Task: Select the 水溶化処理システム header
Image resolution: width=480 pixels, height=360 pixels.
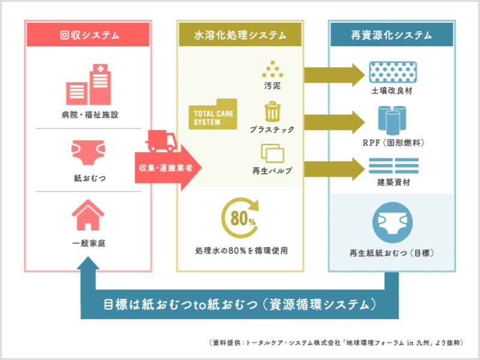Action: coord(239,34)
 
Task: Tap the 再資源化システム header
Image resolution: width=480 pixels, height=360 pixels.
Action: coord(391,34)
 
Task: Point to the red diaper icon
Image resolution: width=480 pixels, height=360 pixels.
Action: coord(88,153)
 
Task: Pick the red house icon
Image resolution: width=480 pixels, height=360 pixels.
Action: coord(88,215)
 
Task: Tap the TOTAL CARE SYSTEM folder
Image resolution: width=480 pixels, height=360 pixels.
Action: coord(212,114)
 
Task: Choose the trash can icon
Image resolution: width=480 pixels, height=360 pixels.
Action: coord(272,112)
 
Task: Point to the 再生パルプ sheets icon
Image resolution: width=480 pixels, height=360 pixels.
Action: coord(272,154)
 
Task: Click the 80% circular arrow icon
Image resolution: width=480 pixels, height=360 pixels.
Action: coord(239,218)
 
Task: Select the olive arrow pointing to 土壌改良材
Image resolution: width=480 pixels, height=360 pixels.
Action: coord(334,74)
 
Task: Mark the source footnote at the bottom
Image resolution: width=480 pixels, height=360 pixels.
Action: coord(336,343)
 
